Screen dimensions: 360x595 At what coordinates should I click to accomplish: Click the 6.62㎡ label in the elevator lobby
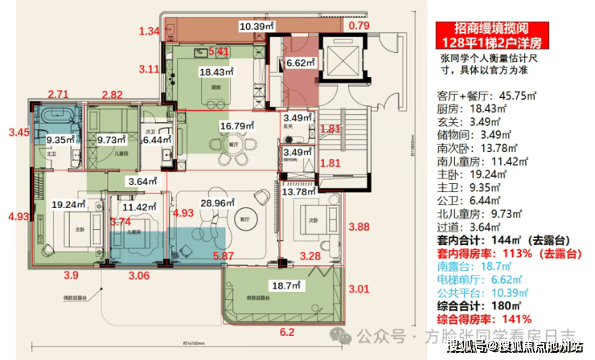299,62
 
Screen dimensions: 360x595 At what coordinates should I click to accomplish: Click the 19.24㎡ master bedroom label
67,205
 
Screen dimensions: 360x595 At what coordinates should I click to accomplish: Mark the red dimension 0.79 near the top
359,26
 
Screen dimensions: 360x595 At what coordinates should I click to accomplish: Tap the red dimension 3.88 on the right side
360,227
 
